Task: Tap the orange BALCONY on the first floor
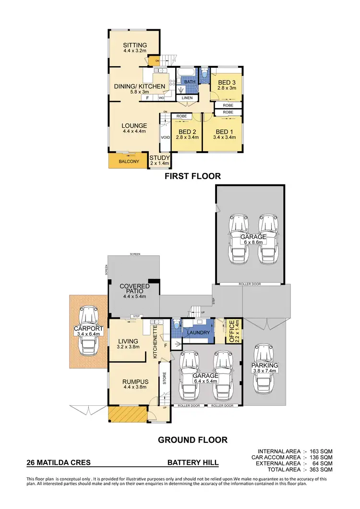pyautogui.click(x=129, y=161)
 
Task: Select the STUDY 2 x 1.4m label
pyautogui.click(x=159, y=160)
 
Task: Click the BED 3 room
pyautogui.click(x=225, y=85)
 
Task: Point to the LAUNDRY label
pyautogui.click(x=198, y=332)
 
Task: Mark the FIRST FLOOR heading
pyautogui.click(x=192, y=176)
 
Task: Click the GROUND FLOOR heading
pyautogui.click(x=192, y=439)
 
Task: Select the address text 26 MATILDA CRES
pyautogui.click(x=58, y=463)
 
